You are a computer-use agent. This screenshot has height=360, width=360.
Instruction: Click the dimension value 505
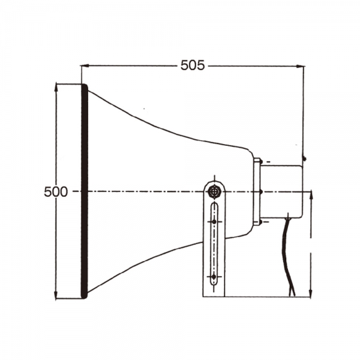pos(193,65)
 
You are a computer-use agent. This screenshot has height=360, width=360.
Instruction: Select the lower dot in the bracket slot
pos(214,277)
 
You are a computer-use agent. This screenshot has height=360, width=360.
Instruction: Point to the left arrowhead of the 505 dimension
pos(85,65)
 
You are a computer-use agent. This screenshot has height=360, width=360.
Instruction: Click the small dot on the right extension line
pos(305,158)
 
